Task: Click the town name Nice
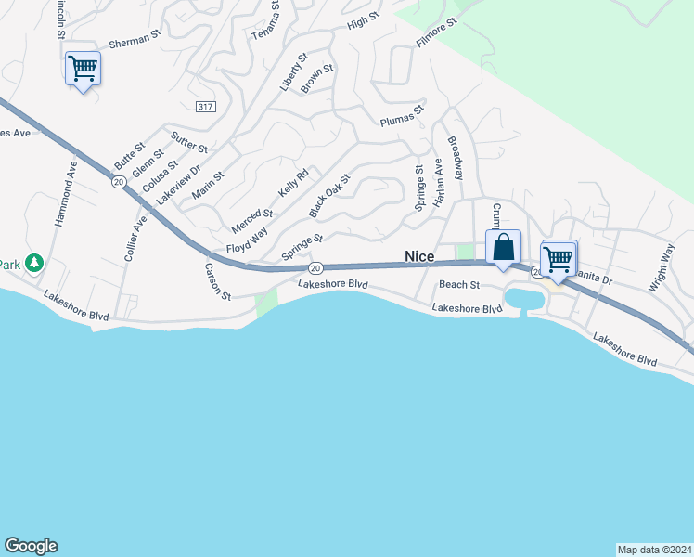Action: coord(419,256)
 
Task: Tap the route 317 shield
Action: coord(206,108)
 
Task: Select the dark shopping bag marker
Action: coord(503,249)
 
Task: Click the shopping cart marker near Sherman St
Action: coord(83,68)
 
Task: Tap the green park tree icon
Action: coord(34,264)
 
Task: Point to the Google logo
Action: coord(31,546)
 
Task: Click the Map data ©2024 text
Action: coord(654,549)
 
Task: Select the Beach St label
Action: coord(458,285)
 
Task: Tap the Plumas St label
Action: coord(401,116)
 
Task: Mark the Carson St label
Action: coord(217,279)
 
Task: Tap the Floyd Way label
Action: coord(246,241)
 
